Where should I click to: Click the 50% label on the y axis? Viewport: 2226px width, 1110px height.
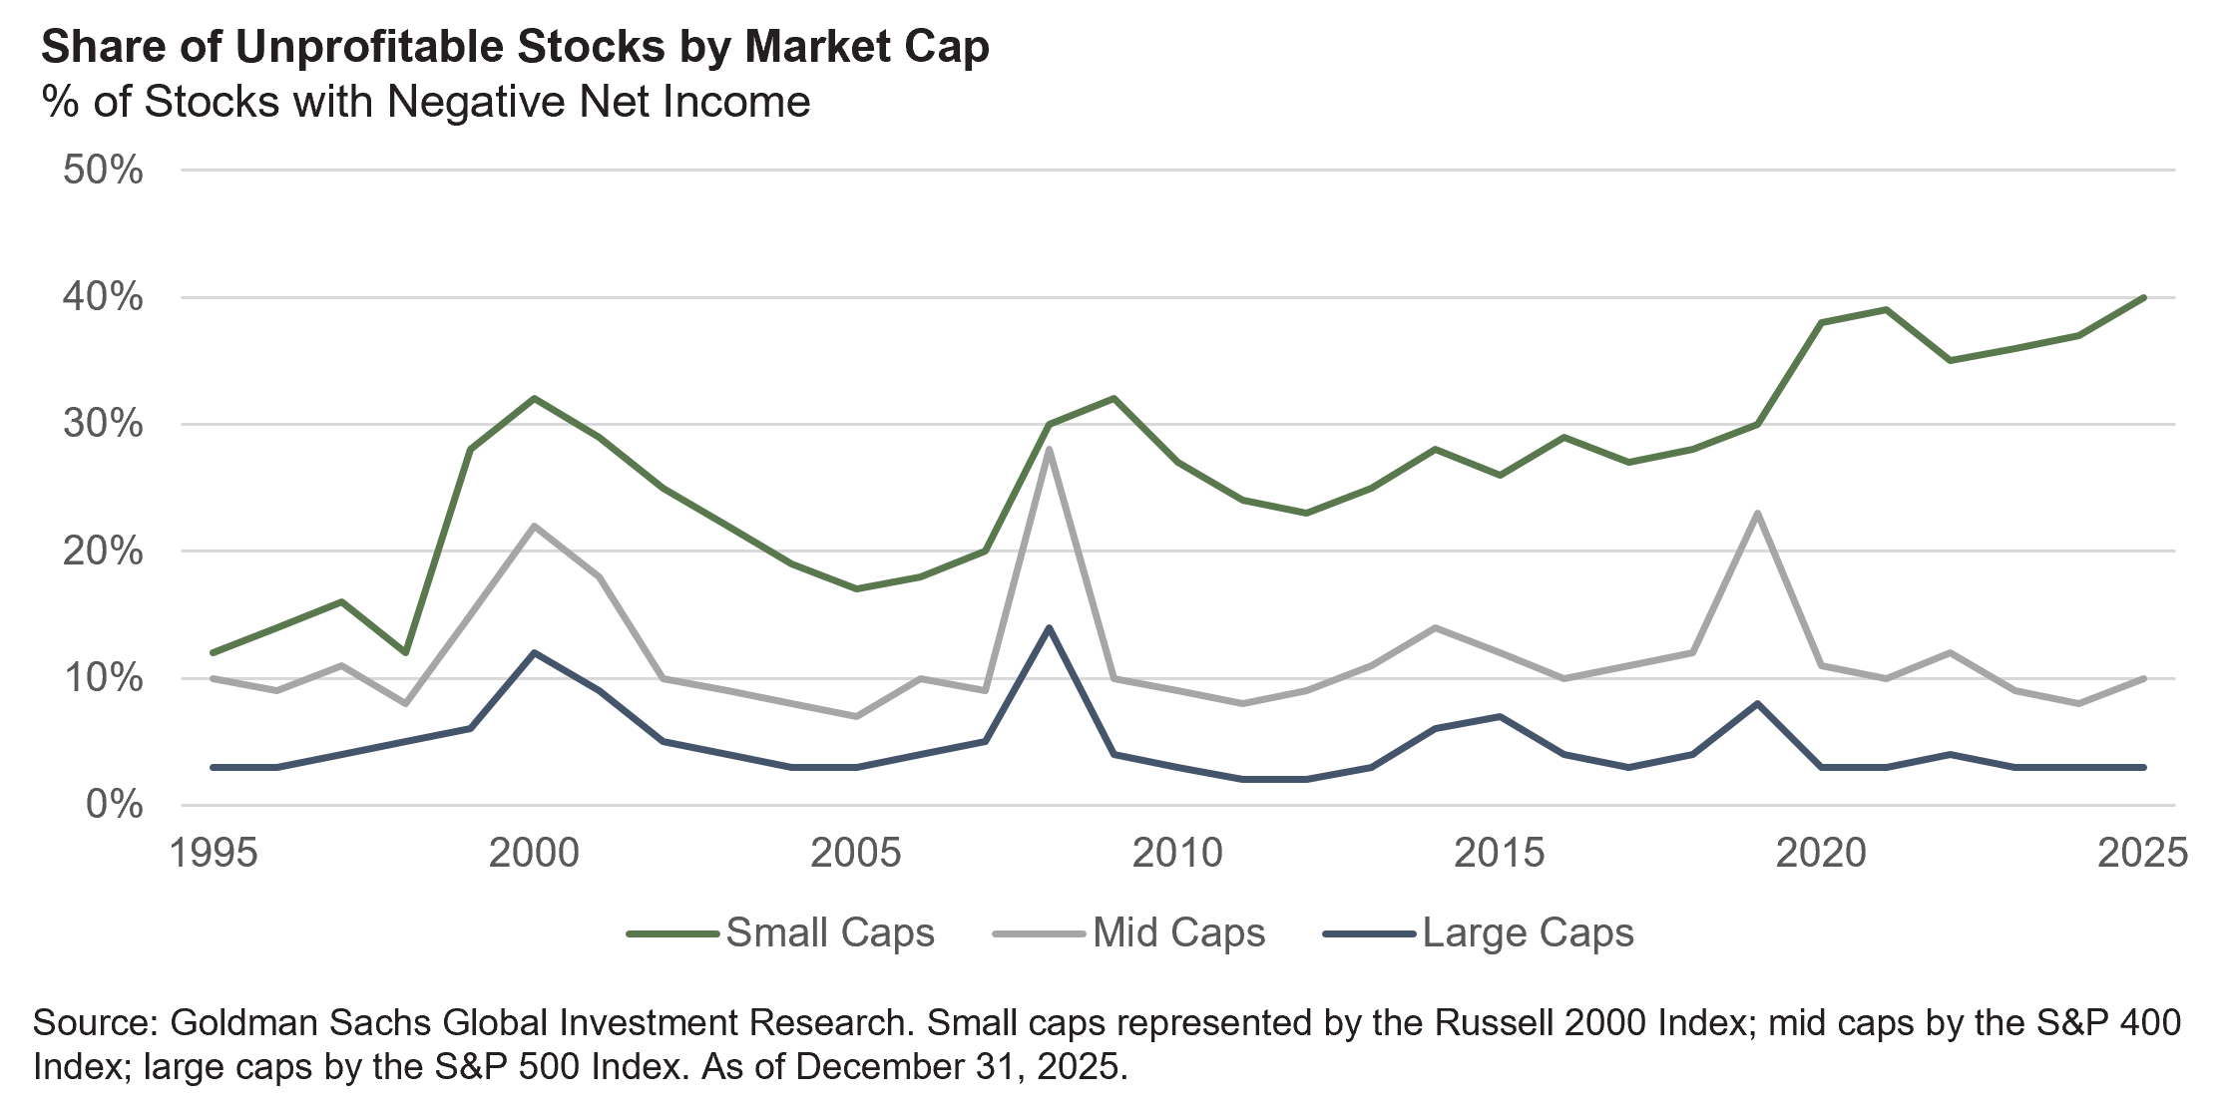click(103, 171)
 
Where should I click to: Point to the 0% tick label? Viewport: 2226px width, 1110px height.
click(114, 805)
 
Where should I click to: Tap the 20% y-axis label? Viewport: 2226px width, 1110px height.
click(103, 552)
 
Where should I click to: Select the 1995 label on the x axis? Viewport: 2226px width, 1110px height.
click(214, 855)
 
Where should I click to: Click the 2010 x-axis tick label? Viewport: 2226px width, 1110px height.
click(1177, 855)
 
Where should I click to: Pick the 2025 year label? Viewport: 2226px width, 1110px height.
click(2141, 855)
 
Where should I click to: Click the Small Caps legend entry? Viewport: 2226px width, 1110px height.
click(781, 933)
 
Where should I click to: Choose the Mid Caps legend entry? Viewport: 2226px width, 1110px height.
click(1129, 933)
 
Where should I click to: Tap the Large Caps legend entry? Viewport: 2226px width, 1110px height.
click(1479, 933)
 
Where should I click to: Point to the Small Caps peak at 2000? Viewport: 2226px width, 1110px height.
click(534, 398)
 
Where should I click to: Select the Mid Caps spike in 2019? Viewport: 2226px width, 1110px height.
click(1757, 513)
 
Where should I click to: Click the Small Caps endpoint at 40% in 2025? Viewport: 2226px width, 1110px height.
click(2143, 297)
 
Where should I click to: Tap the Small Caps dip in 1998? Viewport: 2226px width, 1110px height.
click(405, 653)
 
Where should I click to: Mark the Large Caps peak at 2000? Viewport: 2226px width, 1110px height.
click(534, 652)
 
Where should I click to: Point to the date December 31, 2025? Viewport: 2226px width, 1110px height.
click(960, 1066)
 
